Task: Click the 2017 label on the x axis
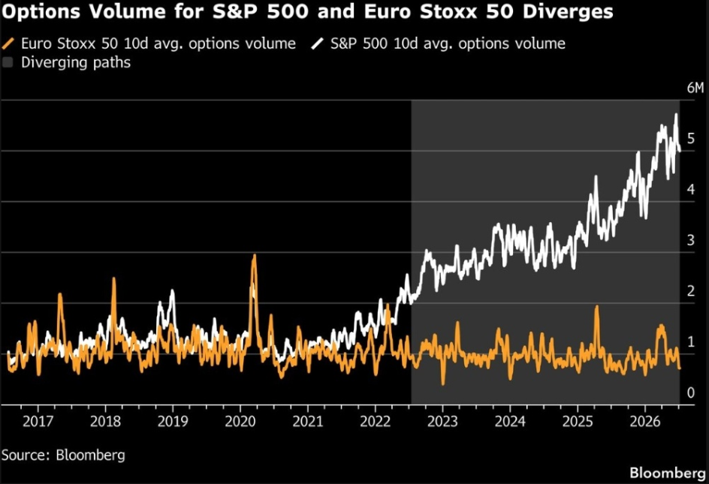38,421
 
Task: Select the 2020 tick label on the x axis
240,421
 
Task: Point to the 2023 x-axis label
442,421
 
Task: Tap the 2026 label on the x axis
645,421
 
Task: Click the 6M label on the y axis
695,88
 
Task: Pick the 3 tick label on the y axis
690,240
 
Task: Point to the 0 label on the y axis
690,392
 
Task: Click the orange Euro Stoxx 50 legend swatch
8,44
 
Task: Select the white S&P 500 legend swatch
318,44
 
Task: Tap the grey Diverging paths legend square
8,62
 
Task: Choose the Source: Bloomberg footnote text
63,455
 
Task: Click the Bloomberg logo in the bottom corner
668,473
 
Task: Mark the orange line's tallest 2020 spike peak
254,255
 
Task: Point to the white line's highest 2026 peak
677,114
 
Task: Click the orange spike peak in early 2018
113,278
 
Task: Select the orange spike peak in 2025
597,306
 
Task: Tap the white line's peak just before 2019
172,290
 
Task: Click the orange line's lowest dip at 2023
443,384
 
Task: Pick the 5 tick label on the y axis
690,138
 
